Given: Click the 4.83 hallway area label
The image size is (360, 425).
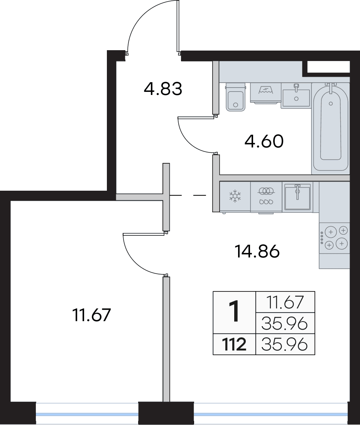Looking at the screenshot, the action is point(163,89).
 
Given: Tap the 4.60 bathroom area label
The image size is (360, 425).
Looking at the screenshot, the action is point(264,141).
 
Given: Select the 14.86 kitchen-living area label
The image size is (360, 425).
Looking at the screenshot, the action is point(257,251).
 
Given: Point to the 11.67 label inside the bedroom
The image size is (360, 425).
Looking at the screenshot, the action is point(92,315).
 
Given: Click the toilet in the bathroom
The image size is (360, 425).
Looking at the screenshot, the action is point(235,97).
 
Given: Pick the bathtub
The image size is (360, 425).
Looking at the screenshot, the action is point(330,127).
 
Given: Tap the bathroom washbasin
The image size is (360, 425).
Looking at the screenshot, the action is point(296,95).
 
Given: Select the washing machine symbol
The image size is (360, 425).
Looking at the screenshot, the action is point(266,93).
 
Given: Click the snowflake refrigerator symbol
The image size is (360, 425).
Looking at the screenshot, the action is point(235,196).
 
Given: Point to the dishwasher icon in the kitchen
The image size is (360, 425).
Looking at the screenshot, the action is point(266,196).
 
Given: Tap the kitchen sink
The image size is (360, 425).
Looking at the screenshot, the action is point(297,196).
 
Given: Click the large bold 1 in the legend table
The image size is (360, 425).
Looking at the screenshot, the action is point(234,312).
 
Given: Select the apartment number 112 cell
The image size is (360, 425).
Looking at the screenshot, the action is point(234,345).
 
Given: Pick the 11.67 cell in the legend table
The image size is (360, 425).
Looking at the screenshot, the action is point(285,302).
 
